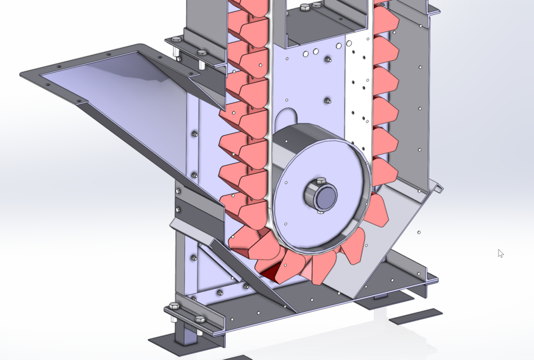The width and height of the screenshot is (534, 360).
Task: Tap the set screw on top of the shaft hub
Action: click(x=321, y=181)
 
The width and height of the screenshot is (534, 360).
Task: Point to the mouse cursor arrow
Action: click(x=500, y=253)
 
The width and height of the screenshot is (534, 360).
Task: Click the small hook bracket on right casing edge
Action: click(x=436, y=187)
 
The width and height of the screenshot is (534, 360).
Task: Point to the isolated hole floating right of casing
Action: click(x=419, y=232)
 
